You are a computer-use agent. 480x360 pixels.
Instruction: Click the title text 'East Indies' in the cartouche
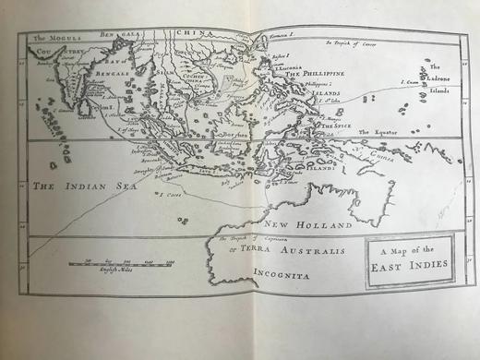410,265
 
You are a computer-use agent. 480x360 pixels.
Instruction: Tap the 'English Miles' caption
114,275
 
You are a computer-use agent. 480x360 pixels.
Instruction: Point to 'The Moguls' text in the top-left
53,38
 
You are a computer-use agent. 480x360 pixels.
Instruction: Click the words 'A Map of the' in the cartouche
409,250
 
